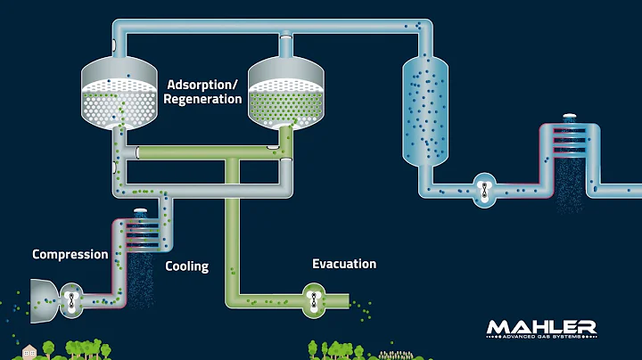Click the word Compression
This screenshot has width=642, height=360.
tap(70, 255)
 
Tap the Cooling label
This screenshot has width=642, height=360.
tap(187, 266)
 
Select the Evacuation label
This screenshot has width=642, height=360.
tap(344, 264)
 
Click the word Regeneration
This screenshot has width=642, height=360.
tap(203, 99)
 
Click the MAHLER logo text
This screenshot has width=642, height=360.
tap(541, 327)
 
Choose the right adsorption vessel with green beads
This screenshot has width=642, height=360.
tap(285, 94)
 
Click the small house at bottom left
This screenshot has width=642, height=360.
tap(29, 351)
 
